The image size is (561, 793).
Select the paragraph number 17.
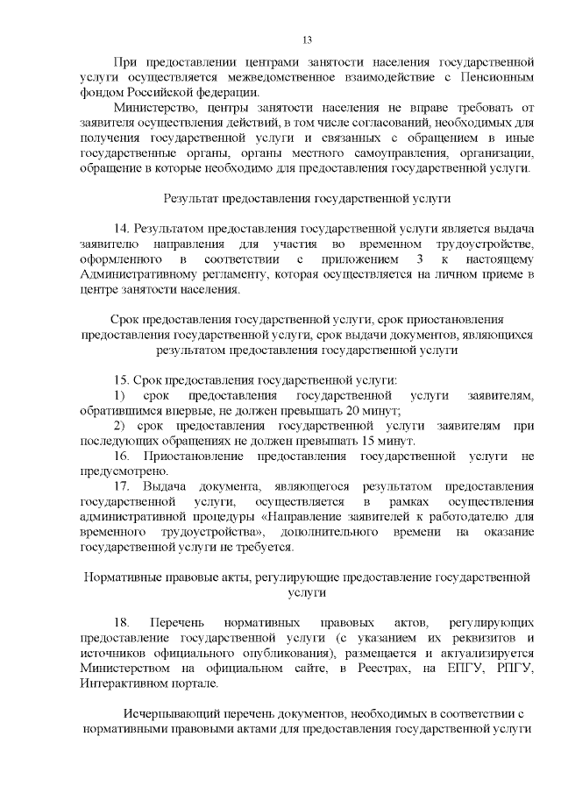(x=123, y=486)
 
